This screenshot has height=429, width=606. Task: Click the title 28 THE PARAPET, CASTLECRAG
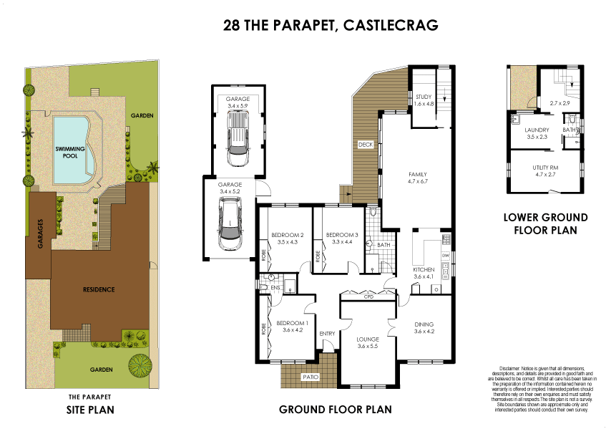tap(330, 26)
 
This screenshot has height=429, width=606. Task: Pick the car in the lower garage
tap(230, 225)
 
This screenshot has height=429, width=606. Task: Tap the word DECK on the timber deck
tap(366, 145)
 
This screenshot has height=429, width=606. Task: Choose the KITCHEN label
tap(424, 269)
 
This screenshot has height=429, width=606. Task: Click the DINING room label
tap(424, 324)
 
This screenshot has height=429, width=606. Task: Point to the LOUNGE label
tap(367, 339)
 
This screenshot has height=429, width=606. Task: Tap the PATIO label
tap(310, 377)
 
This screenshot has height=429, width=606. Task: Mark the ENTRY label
tap(327, 334)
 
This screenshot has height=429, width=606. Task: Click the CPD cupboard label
tap(369, 296)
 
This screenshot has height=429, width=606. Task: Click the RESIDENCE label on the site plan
tap(99, 289)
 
